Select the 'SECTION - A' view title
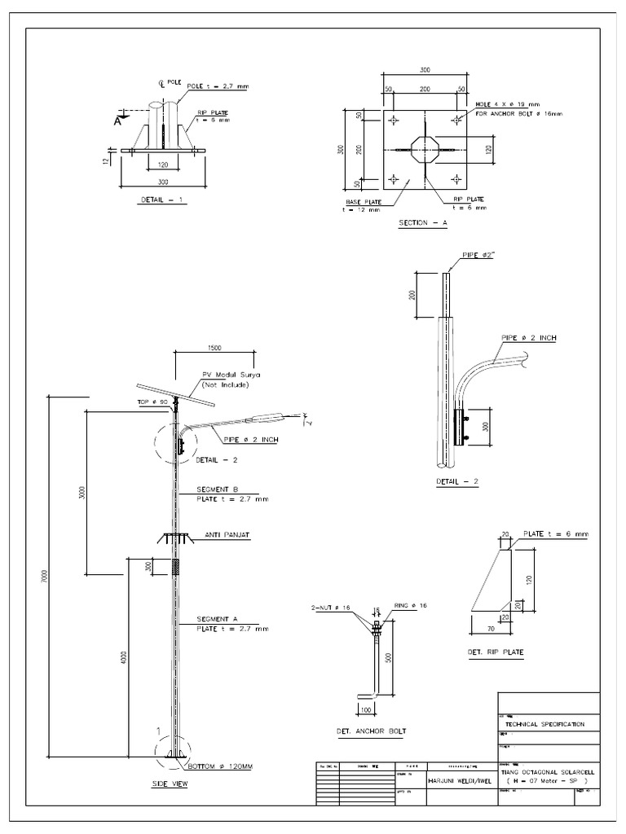(x=422, y=222)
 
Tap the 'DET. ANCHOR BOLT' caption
(x=370, y=731)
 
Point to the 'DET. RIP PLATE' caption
(x=496, y=652)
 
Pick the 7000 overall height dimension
(x=46, y=577)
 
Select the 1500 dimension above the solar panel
(x=214, y=348)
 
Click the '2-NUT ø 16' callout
(x=331, y=608)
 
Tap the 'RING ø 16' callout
(x=411, y=606)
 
